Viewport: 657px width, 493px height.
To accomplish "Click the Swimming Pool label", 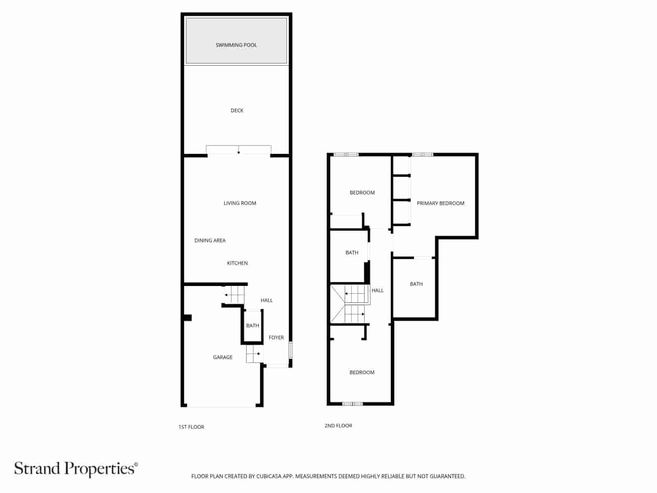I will click(236, 45).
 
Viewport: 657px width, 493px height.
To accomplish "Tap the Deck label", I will click(237, 111).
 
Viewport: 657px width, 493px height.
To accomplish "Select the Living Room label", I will click(240, 203).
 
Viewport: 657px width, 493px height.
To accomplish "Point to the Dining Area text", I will click(210, 241).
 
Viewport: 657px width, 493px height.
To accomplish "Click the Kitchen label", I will click(237, 263).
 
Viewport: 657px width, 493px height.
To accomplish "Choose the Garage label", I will click(223, 357).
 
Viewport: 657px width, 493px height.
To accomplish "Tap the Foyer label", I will click(276, 338).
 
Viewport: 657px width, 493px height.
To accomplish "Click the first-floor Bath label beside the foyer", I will click(253, 326).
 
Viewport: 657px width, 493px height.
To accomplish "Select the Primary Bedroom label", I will click(440, 203).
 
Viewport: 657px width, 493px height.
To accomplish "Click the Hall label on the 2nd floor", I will click(377, 290).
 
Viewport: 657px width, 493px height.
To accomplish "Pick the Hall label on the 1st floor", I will click(266, 300).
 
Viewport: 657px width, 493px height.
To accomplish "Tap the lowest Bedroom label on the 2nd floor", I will click(362, 373).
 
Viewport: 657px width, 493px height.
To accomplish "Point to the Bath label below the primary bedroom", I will click(416, 284).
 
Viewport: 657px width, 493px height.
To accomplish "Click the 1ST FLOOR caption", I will click(191, 427).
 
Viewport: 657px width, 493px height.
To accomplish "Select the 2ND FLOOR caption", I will click(338, 426).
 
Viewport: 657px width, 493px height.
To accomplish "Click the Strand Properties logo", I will click(76, 469).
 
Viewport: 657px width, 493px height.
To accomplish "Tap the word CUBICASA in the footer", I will click(269, 477).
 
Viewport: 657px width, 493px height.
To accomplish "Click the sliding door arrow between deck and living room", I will click(239, 152).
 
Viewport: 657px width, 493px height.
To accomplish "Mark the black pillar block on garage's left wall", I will click(188, 318).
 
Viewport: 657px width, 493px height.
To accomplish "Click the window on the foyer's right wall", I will click(290, 350).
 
